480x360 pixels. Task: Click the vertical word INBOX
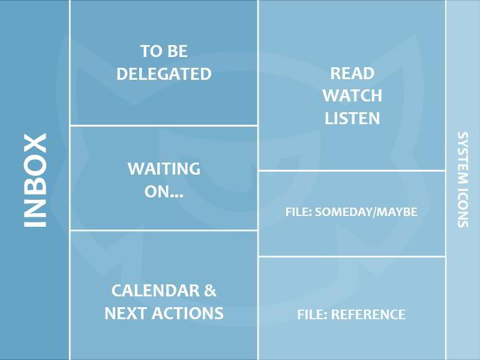point(35,181)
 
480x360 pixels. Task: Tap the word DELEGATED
point(164,74)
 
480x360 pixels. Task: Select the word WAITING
point(164,169)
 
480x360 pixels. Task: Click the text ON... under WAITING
point(164,192)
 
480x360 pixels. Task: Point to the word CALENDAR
point(155,290)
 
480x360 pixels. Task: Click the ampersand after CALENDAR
point(211,290)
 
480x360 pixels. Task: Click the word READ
point(352,73)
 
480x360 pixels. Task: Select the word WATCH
point(352,96)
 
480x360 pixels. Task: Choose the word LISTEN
point(352,118)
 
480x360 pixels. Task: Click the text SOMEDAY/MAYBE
point(366,212)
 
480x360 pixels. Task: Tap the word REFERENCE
point(368,314)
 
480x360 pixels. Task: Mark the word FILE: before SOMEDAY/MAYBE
point(298,212)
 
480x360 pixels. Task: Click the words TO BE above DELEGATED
point(164,51)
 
